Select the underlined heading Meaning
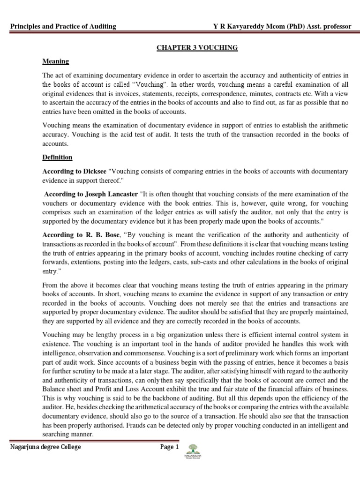pyautogui.click(x=55, y=61)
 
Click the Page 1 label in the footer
pyautogui.click(x=170, y=447)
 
